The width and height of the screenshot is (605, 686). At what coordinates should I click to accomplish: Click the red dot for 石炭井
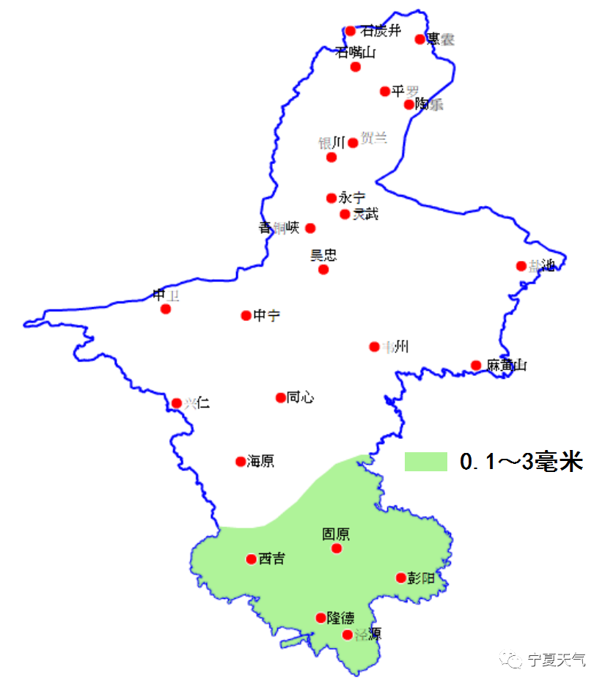coord(351,31)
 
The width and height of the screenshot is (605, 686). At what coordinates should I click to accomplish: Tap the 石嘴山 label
coord(355,52)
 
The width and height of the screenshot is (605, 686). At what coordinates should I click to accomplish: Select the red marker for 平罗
coord(385,91)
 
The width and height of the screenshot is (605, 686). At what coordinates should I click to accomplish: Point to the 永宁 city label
coord(352,198)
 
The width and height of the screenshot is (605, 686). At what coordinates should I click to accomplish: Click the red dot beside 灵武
coord(345,214)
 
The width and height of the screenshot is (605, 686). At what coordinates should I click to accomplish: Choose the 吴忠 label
coord(323,255)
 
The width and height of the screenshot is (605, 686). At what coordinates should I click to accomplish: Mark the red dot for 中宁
coord(246,315)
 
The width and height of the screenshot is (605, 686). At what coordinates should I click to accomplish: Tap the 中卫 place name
coord(166,295)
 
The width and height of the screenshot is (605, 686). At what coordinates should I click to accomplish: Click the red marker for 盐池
coord(521,266)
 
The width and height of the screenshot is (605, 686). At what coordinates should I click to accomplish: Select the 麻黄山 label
coord(506,365)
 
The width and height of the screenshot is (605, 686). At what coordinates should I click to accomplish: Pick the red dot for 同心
coord(280,397)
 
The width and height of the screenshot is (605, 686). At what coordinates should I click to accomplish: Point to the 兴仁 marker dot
coord(177,402)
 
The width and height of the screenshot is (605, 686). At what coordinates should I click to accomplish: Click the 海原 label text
coord(260,461)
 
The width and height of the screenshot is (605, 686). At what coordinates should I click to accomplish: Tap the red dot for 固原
coord(337,548)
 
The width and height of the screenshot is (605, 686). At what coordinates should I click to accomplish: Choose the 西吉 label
coord(271,559)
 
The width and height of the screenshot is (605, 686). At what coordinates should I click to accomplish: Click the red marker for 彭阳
coord(400,578)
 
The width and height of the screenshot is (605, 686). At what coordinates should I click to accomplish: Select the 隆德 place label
coord(340,618)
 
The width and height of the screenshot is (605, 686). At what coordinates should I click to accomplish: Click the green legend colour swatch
coord(425,462)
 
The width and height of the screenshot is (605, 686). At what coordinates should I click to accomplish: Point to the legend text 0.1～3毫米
coord(521,462)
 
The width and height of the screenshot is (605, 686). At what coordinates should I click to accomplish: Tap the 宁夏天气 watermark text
coord(557,660)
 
